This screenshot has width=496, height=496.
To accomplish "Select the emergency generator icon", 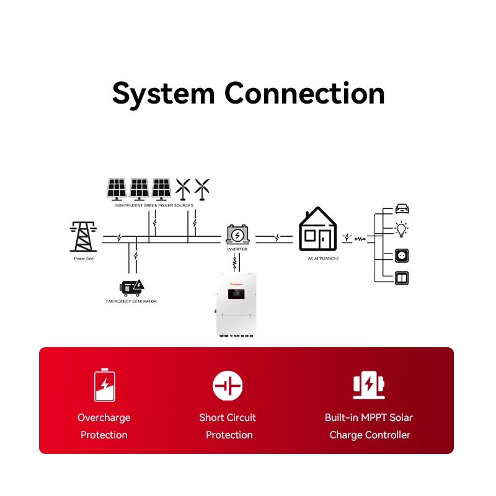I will pos(131,287).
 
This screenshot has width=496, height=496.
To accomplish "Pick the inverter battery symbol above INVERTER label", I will pos(237,234).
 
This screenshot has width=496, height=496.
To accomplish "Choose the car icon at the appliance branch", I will pos(402,209).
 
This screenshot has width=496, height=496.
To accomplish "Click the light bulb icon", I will pos(402,230).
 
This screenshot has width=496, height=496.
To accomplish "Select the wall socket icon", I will pos(402,255).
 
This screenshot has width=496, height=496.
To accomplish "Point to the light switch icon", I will pos(402,277).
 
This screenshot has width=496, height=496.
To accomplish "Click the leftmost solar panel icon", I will pos(117,187).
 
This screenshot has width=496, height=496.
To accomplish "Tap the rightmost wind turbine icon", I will pos(202,188).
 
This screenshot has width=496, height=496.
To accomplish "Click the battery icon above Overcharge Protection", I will pos(104,385).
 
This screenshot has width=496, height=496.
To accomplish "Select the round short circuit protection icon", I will pos(228,386).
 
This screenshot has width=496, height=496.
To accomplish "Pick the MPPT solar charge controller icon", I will pos(369,385).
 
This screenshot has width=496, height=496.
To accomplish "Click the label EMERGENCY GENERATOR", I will pos(131,301).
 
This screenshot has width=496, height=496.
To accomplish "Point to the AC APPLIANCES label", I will pos(324,258).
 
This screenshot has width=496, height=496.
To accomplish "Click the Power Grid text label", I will pos(84,258).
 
